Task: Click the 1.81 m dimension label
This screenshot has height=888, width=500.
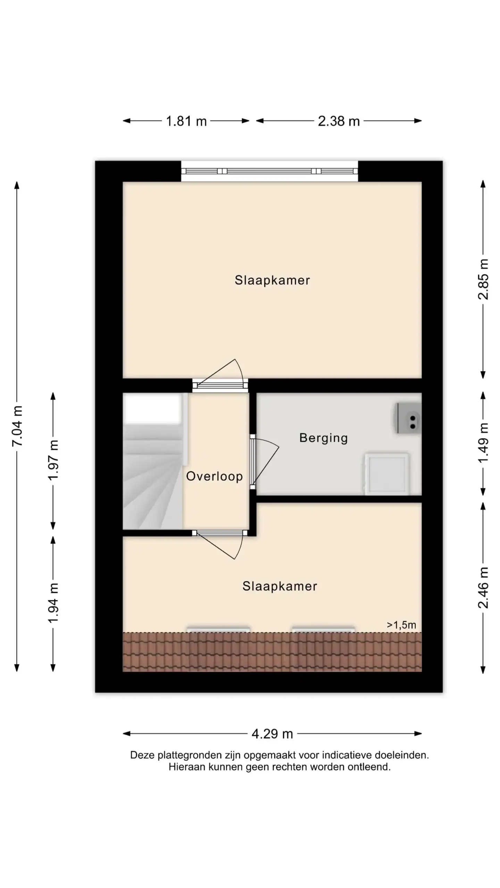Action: tap(186, 121)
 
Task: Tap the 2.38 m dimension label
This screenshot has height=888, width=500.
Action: tap(339, 121)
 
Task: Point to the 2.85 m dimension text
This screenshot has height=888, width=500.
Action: tap(483, 279)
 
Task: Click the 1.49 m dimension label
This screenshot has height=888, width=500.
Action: tap(483, 443)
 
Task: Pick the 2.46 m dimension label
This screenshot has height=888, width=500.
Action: tap(483, 588)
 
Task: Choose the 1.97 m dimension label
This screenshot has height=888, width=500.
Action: tap(53, 460)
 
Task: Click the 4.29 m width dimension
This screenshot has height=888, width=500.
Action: tap(272, 734)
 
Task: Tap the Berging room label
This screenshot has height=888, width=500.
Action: tap(324, 438)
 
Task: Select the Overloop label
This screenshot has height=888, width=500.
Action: tap(214, 477)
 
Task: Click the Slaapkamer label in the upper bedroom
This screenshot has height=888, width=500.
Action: tap(272, 280)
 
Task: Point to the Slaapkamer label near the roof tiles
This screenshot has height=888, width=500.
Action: tap(280, 586)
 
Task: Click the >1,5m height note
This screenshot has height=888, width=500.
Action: tap(401, 625)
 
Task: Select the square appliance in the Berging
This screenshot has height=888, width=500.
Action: tap(387, 473)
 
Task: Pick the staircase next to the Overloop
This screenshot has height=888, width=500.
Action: tap(153, 461)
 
